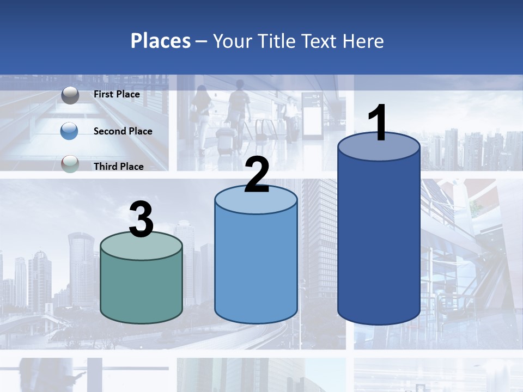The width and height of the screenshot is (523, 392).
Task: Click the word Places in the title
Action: click(161, 41)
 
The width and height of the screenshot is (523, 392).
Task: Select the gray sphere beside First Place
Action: click(70, 95)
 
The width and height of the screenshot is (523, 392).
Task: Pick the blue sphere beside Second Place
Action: click(70, 131)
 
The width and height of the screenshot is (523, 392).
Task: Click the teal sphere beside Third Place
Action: click(70, 164)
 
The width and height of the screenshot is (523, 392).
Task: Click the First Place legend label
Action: click(117, 94)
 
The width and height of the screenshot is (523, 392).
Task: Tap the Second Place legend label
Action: click(123, 131)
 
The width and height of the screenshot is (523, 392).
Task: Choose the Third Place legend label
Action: click(119, 167)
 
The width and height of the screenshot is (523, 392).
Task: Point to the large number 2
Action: click(257, 175)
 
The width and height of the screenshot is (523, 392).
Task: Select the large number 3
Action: click(142, 220)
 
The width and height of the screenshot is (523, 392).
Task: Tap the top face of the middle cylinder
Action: click(256, 200)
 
